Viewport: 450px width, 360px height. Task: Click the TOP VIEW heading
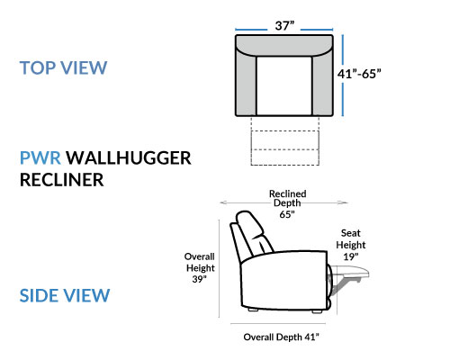click(63, 67)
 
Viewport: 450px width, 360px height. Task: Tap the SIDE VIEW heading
click(65, 295)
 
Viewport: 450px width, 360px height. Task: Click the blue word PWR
click(40, 157)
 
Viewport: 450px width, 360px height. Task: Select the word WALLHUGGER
click(129, 157)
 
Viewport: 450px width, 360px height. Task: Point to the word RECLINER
click(61, 180)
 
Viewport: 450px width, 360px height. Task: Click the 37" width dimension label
click(284, 26)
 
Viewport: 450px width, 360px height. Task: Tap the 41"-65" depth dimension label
click(359, 74)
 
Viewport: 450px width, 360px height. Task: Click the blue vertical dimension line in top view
click(343, 76)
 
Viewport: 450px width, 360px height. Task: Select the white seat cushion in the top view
click(284, 85)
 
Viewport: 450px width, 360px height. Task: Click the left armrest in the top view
click(246, 85)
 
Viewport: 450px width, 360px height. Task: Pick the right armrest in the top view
click(322, 85)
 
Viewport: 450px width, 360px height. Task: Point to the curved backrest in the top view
click(284, 45)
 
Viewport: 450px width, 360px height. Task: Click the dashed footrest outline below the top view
click(284, 141)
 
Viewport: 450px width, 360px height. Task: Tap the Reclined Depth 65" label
click(287, 204)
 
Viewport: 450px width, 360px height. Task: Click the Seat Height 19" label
click(351, 245)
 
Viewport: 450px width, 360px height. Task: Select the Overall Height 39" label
click(200, 268)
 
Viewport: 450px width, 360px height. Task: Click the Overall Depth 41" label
click(281, 337)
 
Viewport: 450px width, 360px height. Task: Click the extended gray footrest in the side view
click(350, 272)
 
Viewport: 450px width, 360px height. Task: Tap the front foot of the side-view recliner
click(317, 311)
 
